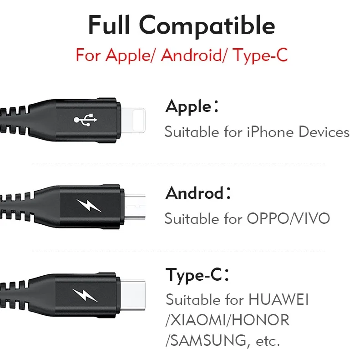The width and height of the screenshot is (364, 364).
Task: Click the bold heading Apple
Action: point(188,107)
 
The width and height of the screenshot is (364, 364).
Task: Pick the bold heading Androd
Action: point(194,193)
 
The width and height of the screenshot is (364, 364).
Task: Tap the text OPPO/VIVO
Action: point(288,218)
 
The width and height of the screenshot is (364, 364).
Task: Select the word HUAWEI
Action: point(279,300)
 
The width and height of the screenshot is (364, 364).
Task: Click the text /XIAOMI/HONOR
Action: point(227,320)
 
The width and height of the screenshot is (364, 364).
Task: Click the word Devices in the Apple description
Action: point(324,132)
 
